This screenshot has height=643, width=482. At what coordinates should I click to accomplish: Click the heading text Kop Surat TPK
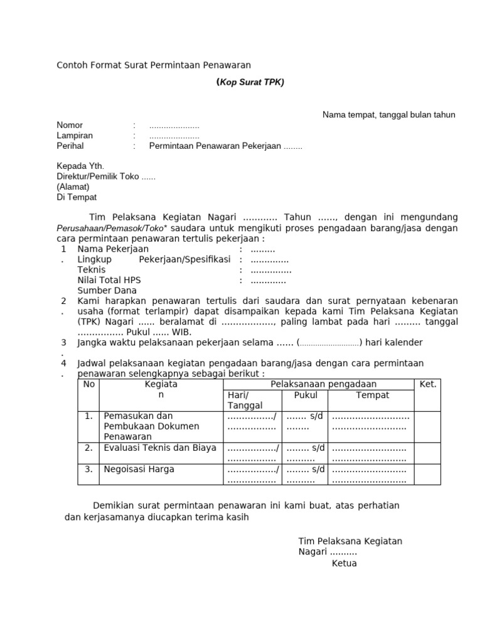(x=250, y=82)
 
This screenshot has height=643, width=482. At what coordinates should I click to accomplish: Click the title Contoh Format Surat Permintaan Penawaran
(x=154, y=65)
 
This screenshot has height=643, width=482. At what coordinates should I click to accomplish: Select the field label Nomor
(x=70, y=125)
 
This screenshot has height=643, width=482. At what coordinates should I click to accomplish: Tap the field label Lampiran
(x=75, y=136)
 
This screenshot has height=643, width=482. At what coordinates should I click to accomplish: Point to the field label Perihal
(x=70, y=146)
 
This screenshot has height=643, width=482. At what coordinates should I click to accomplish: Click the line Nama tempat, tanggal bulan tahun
(x=388, y=114)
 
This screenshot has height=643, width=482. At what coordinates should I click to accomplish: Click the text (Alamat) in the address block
(x=73, y=186)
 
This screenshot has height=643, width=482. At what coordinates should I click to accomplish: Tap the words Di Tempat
(x=77, y=197)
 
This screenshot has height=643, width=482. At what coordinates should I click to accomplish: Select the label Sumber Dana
(x=107, y=291)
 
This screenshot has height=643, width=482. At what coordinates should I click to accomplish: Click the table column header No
(x=88, y=384)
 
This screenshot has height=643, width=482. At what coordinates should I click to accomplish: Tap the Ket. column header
(x=427, y=384)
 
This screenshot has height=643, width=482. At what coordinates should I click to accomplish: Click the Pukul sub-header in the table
(x=306, y=395)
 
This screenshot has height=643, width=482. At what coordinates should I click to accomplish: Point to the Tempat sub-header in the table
(x=373, y=395)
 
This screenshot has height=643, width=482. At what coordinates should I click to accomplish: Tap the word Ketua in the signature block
(x=344, y=563)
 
